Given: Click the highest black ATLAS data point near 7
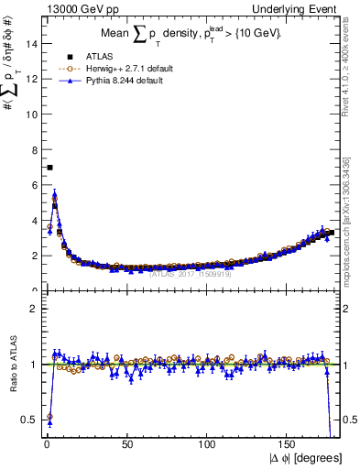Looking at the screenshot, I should [x=49, y=168].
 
